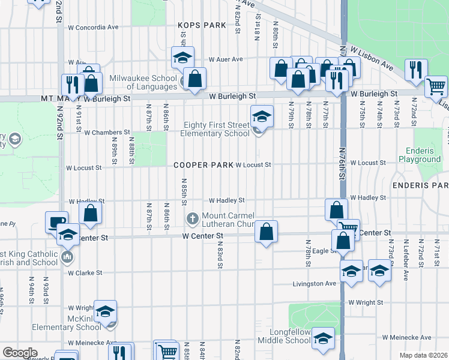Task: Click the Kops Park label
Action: [x=202, y=25]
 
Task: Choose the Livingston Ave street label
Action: [x=315, y=284]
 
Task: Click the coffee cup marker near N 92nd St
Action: [x=56, y=222]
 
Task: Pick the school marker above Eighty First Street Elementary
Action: [x=261, y=115]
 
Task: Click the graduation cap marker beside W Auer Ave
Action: [x=182, y=58]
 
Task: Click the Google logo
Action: [x=20, y=353]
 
